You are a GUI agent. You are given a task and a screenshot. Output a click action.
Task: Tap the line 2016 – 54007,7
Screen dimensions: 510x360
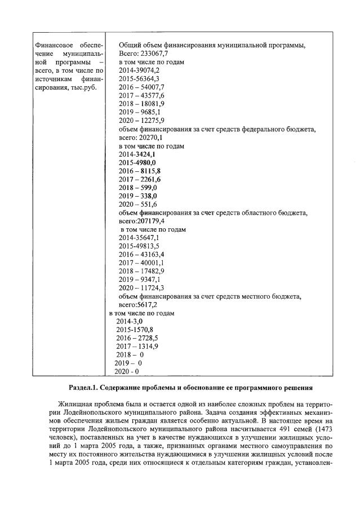pyautogui.click(x=141, y=87)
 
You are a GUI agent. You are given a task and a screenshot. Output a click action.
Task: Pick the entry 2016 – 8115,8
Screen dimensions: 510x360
pyautogui.click(x=140, y=171)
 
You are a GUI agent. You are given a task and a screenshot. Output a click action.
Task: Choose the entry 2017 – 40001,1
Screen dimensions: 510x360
pyautogui.click(x=141, y=263)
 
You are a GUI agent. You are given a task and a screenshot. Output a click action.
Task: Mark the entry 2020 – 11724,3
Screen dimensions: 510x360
pyautogui.click(x=141, y=288)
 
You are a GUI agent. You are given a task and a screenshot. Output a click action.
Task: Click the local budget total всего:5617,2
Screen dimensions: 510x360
pyautogui.click(x=137, y=304)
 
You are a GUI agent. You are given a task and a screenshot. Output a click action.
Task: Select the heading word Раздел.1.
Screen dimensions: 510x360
pyautogui.click(x=84, y=388)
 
